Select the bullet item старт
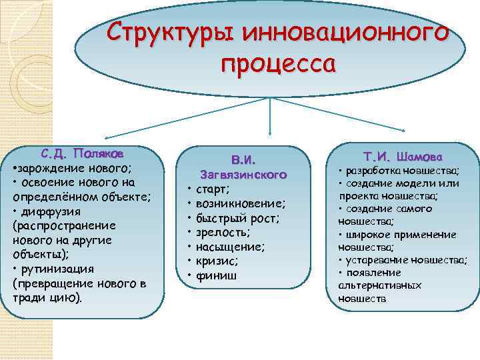tap(213, 189)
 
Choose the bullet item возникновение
tap(241, 203)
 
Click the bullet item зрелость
tap(223, 232)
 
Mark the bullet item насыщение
tap(231, 247)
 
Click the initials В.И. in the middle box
tap(243, 161)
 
